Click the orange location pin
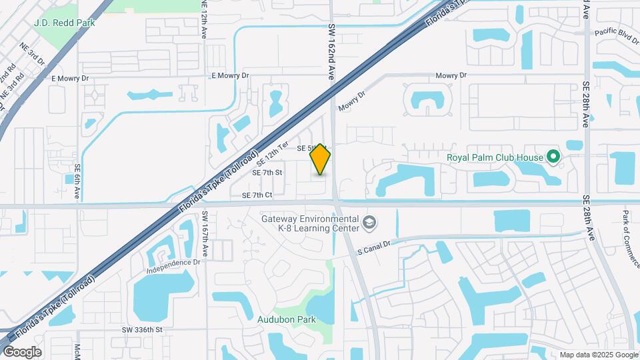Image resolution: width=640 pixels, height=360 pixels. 321,159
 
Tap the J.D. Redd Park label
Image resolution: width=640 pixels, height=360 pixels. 64,23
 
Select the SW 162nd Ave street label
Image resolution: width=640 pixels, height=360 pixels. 331,53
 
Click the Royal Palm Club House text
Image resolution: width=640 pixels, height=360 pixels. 495,158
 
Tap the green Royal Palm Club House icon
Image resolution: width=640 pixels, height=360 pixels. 553,157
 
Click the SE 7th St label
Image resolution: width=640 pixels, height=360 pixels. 267,173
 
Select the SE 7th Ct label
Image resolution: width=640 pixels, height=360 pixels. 257,195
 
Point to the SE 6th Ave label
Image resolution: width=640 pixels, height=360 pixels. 78,182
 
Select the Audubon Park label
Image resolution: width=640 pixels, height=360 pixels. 287,319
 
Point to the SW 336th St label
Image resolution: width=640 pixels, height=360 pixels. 142,329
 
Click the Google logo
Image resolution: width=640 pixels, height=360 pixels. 23,351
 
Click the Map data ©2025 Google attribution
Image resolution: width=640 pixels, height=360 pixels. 598,355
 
